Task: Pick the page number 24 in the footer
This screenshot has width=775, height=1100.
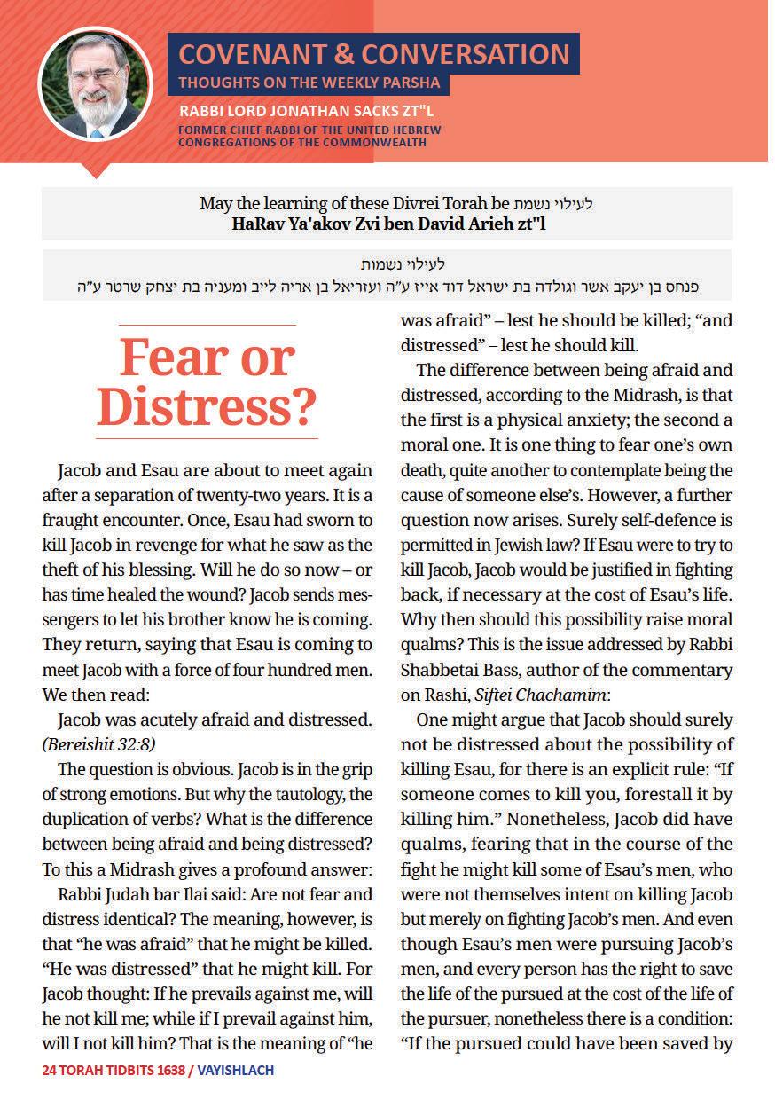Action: click(50, 1070)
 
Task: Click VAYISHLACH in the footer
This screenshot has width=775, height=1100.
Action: click(235, 1070)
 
